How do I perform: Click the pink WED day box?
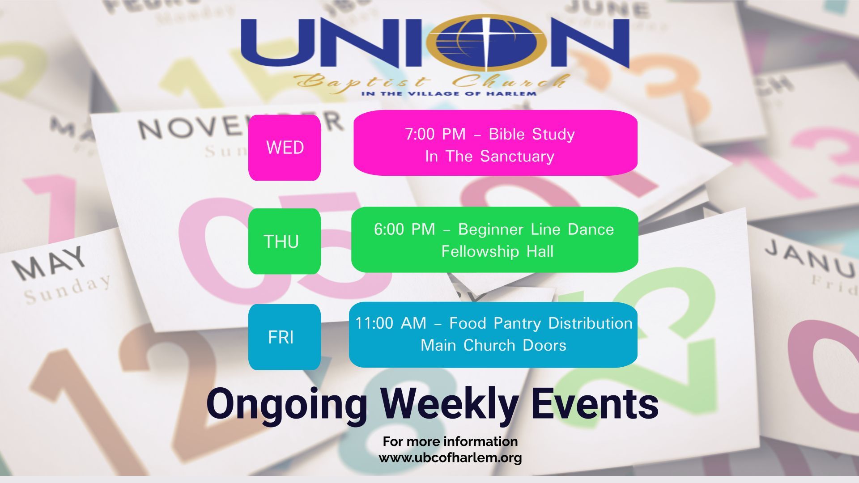(x=285, y=148)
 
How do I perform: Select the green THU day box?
(x=285, y=241)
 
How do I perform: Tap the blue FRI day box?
(x=285, y=337)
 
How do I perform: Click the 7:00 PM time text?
(x=435, y=134)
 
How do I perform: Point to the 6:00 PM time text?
(x=404, y=229)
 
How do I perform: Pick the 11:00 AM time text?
(x=391, y=323)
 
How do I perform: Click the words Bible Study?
(x=532, y=134)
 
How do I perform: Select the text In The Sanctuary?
(x=489, y=156)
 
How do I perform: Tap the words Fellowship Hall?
(x=497, y=251)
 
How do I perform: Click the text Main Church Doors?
(x=493, y=345)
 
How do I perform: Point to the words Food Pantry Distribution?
(x=540, y=323)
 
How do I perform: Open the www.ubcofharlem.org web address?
(x=450, y=458)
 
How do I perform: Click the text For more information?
(x=450, y=441)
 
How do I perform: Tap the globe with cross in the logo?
(x=487, y=42)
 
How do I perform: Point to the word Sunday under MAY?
(x=67, y=290)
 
